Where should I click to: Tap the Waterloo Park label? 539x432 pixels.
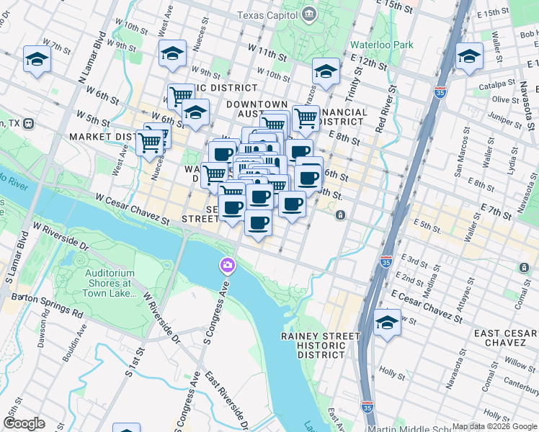pyautogui.click(x=382, y=45)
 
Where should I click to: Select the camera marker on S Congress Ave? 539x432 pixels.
pyautogui.click(x=227, y=266)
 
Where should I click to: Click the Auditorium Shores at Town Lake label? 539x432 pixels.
pyautogui.click(x=110, y=283)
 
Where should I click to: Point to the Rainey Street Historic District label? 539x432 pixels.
pyautogui.click(x=321, y=345)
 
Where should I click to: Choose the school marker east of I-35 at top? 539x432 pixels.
pyautogui.click(x=469, y=56)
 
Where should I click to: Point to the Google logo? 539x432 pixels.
pyautogui.click(x=24, y=423)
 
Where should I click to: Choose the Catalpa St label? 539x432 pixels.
pyautogui.click(x=495, y=86)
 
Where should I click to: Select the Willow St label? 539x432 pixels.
pyautogui.click(x=520, y=364)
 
